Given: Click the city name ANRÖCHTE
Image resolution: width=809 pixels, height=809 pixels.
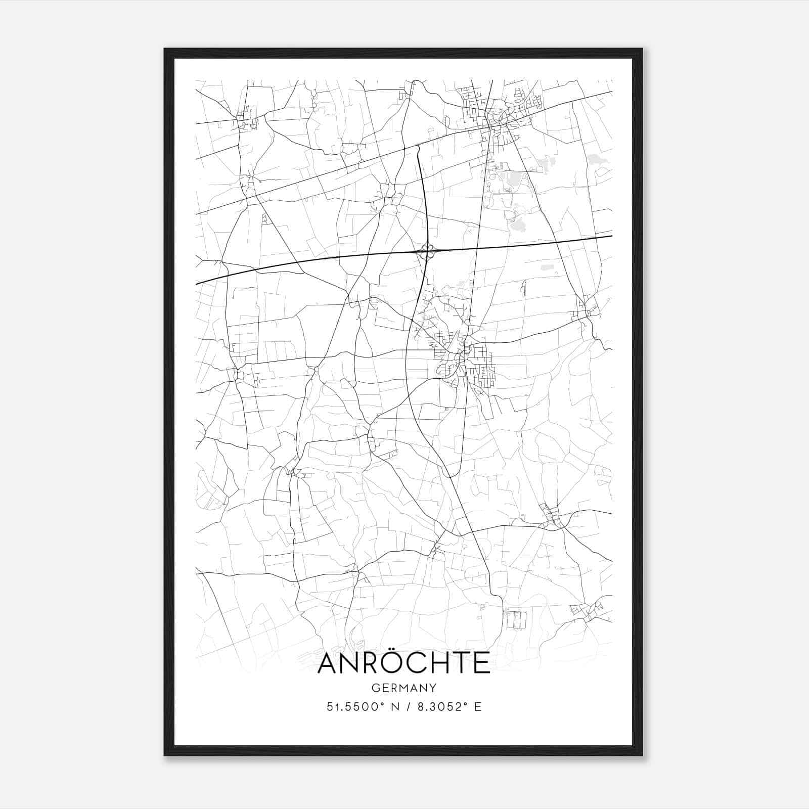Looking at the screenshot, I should tap(403, 663).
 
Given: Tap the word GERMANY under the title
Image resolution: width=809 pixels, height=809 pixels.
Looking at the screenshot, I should tap(403, 688).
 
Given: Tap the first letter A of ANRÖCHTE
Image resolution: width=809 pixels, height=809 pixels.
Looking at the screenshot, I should tap(328, 664).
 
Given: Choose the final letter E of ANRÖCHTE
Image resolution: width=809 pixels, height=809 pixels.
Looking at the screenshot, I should tap(482, 664).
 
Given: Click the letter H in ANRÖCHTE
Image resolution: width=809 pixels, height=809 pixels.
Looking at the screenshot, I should tap(442, 664).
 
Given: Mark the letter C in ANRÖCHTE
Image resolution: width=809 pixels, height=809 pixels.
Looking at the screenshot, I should tap(420, 664).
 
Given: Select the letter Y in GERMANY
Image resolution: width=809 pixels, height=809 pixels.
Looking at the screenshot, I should tap(433, 688).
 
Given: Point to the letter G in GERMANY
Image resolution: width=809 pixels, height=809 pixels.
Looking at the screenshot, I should tap(375, 688).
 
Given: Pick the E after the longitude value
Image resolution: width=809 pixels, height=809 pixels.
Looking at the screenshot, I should tap(477, 707).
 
